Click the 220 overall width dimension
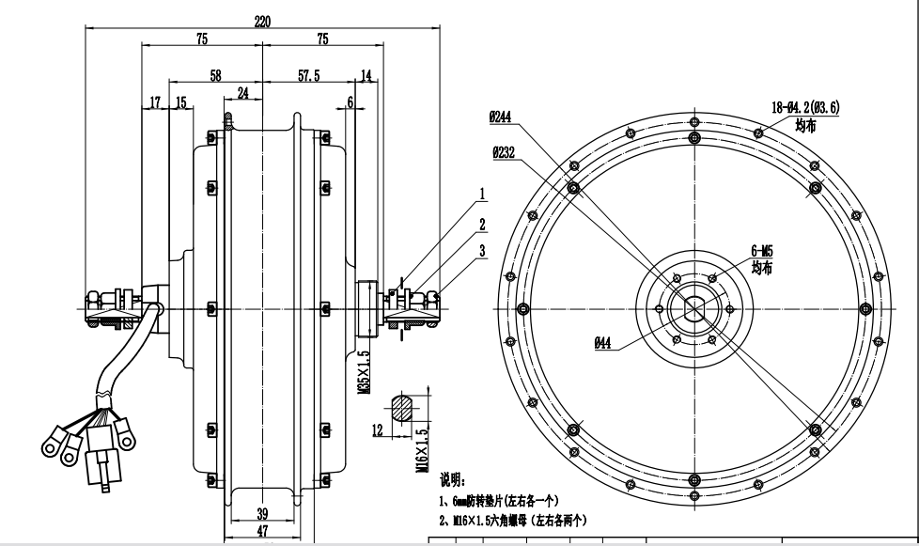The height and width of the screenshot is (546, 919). coord(262,21)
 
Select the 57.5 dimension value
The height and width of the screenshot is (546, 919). coord(309,75)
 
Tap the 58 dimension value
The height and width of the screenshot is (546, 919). coord(215,75)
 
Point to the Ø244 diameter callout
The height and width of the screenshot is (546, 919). coord(500,117)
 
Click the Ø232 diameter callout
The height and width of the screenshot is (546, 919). coord(504,152)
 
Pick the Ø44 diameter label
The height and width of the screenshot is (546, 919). coord(602,343)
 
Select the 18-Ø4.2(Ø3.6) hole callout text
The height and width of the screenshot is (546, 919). coord(805,107)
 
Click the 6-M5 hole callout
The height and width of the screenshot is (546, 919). coord(762,251)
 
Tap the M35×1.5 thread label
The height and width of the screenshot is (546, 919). coord(364,372)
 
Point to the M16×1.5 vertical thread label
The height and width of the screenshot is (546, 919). coord(422,451)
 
